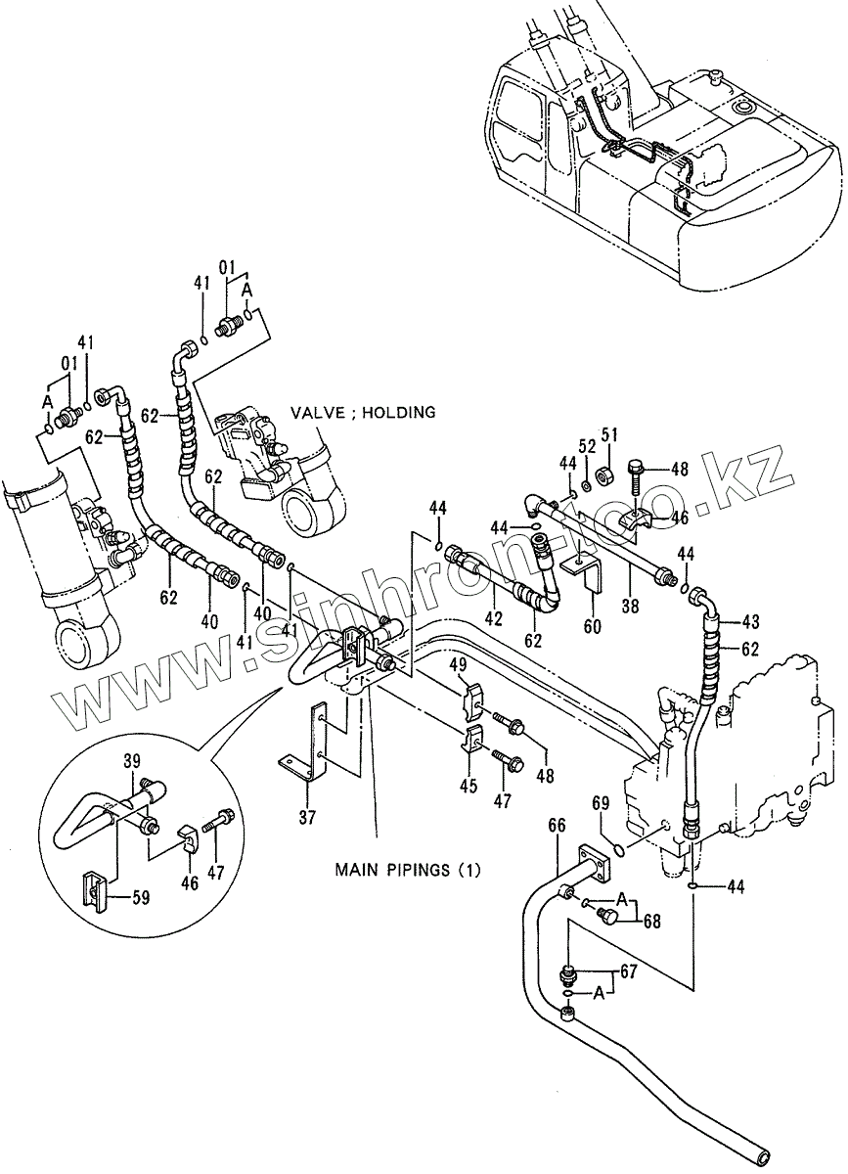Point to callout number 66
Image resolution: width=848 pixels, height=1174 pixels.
(556, 826)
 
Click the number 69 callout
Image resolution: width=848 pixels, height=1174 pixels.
(601, 804)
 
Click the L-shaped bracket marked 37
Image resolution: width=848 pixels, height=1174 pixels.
(311, 744)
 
